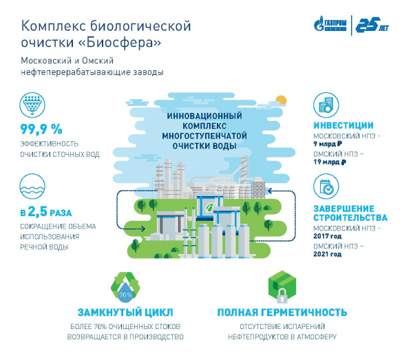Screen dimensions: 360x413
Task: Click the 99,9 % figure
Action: (41, 129)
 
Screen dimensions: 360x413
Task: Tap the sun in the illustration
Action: (280, 99)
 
